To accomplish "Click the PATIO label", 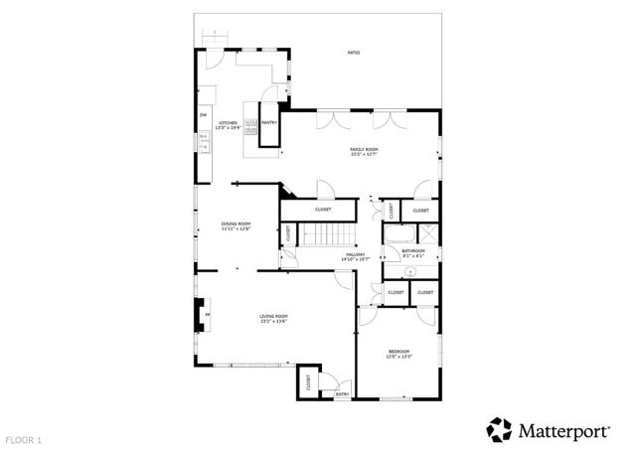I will tap(354, 52).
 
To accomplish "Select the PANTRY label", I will tap(268, 123).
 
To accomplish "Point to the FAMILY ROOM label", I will tap(364, 151).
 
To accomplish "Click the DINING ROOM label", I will tap(236, 226).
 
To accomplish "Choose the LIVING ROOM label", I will tap(273, 319).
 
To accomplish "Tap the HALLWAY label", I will tap(356, 256).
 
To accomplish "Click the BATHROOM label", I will tap(413, 252).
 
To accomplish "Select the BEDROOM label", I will tap(398, 353).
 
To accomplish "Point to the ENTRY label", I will tap(342, 394).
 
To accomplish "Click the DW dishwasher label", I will tap(203, 115).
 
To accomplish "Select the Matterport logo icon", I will tap(499, 429).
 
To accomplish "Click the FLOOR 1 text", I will tap(24, 438).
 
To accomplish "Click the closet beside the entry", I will tap(308, 381).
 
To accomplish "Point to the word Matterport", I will tap(563, 430).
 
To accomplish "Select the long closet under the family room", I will tap(323, 210).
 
